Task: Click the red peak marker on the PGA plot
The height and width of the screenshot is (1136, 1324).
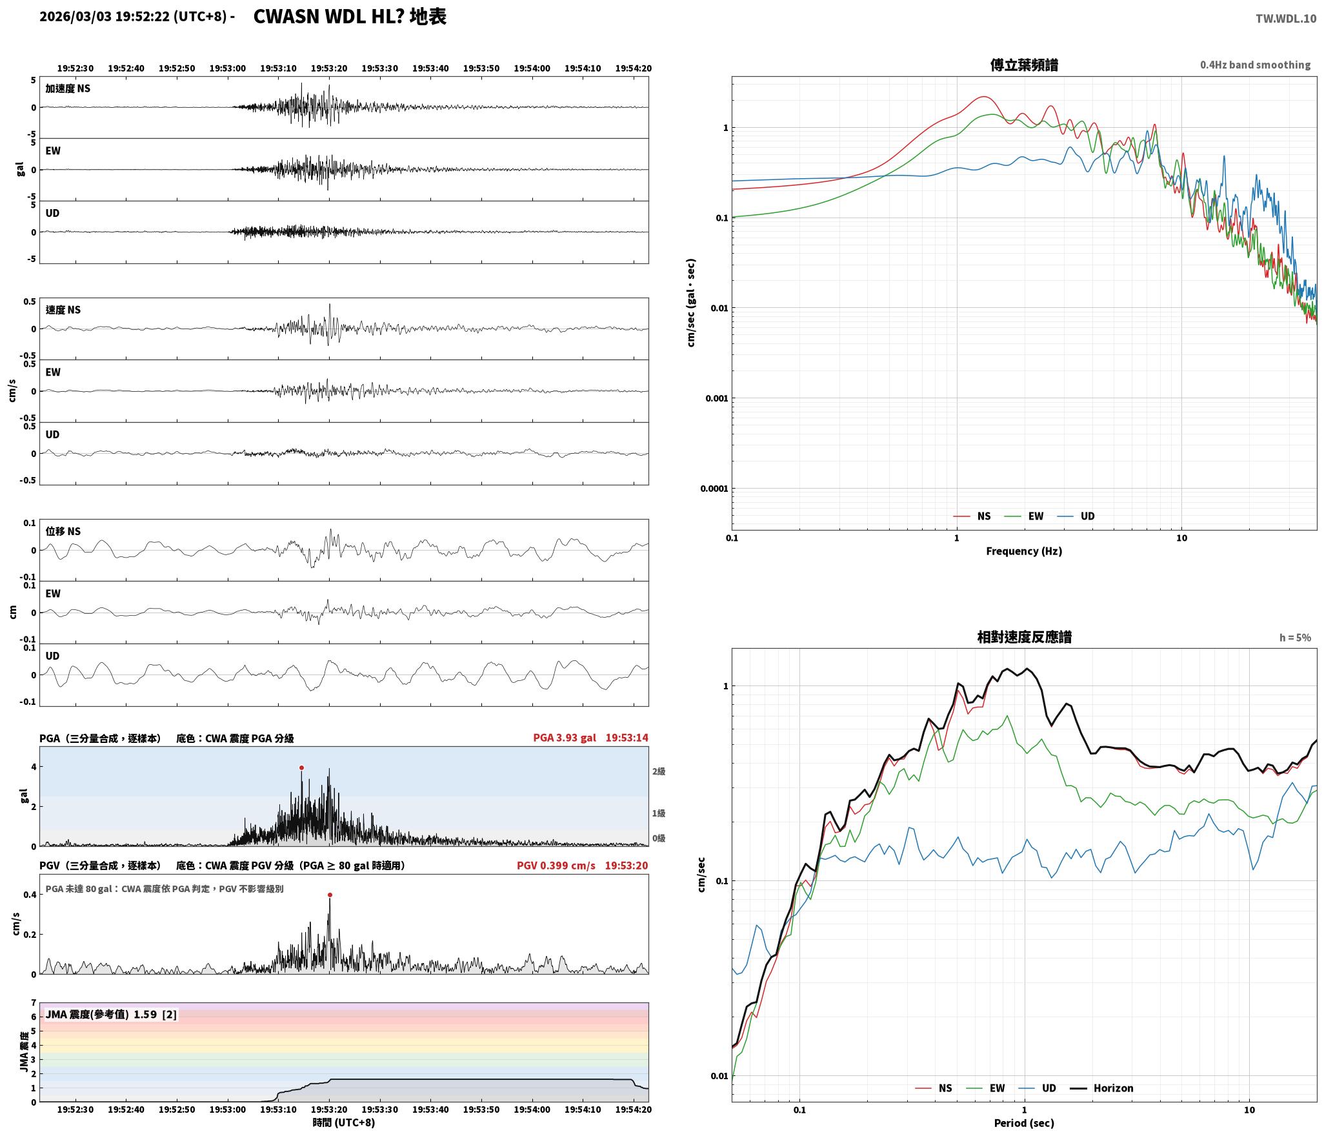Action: [x=301, y=768]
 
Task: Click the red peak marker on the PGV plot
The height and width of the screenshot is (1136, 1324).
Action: [x=330, y=895]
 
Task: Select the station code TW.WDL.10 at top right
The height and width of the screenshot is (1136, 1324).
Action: [x=1285, y=19]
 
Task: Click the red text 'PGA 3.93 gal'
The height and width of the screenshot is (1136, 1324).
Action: [x=565, y=738]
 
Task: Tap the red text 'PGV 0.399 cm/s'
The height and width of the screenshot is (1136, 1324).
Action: [x=556, y=866]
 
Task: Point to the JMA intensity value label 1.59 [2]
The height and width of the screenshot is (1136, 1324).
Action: [x=155, y=1015]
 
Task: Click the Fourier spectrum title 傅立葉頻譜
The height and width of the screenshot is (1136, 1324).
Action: [x=1024, y=65]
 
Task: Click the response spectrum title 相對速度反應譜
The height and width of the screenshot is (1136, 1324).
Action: [x=1024, y=637]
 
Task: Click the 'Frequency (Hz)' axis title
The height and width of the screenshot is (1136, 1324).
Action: [x=1024, y=551]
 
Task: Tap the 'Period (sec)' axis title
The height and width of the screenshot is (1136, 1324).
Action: [x=1024, y=1123]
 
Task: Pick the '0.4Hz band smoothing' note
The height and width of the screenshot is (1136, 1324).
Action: [x=1255, y=65]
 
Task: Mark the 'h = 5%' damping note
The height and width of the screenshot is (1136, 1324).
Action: [x=1295, y=638]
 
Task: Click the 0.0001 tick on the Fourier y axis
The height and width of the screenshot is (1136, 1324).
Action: [x=714, y=489]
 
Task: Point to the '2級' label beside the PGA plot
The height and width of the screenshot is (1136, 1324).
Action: [x=659, y=771]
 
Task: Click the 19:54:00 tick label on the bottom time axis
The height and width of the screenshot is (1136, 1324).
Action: [x=532, y=1110]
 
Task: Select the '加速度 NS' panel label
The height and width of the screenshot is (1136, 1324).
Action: [x=68, y=88]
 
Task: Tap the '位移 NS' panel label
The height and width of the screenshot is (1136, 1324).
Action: [x=63, y=531]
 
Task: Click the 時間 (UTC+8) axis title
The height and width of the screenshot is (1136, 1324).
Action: [x=344, y=1122]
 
